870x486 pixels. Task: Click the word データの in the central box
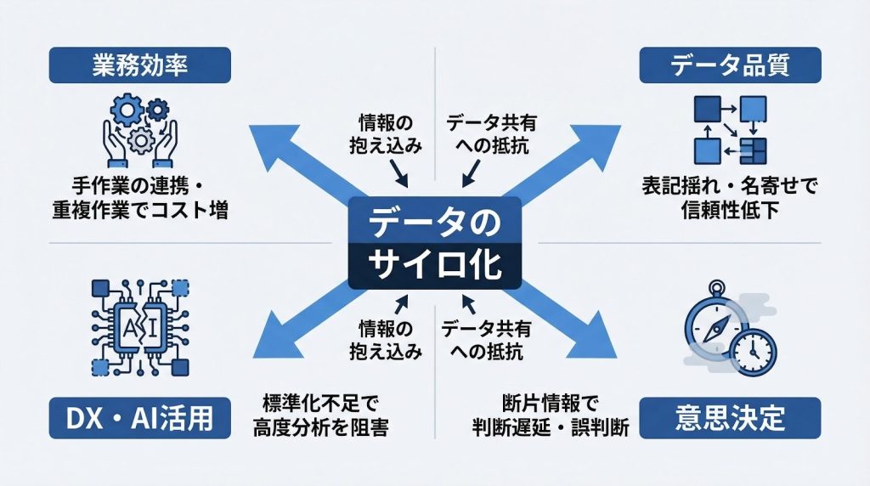tap(435, 223)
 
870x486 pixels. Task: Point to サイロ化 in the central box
tap(435, 264)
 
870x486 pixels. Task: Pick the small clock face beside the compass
tap(750, 348)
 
